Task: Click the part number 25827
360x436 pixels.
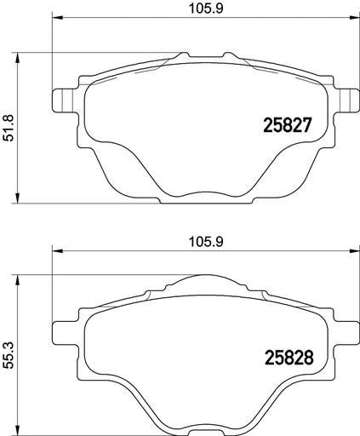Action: coord(288,125)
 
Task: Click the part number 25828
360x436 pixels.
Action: coord(289,358)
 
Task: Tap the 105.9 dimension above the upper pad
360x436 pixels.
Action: coord(206,9)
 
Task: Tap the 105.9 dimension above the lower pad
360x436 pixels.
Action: coord(206,242)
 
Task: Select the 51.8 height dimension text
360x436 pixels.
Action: coord(9,128)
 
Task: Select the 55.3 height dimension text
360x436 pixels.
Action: coord(9,356)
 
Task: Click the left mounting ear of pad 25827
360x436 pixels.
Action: coord(65,100)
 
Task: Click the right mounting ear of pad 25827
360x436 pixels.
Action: coord(346,100)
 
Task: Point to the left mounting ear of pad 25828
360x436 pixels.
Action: coord(65,333)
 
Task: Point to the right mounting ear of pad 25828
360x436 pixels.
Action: coord(346,333)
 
